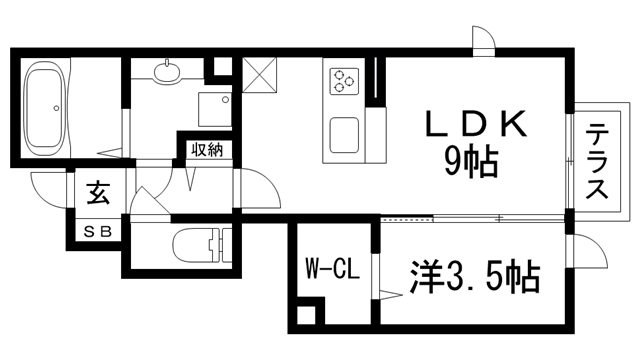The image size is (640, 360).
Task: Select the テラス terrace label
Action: point(597,162)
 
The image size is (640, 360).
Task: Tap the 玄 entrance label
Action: point(97,190)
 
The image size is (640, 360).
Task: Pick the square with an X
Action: point(259,75)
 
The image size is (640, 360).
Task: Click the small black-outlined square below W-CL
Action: point(306,317)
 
